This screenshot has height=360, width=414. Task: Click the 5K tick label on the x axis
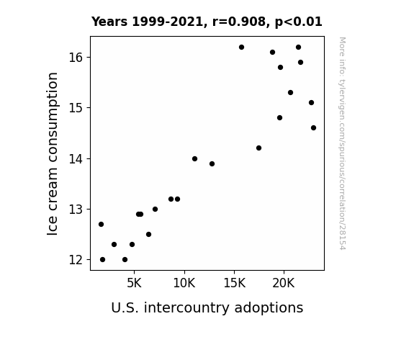(x=134, y=283)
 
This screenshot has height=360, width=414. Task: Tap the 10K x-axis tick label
(x=184, y=283)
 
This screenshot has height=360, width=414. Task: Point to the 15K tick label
(x=234, y=283)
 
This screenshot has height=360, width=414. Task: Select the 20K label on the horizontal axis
(x=284, y=283)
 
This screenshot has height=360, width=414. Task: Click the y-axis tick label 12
(x=76, y=260)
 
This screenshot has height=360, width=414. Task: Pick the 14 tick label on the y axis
(x=76, y=159)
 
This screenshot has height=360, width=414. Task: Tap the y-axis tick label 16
(x=76, y=58)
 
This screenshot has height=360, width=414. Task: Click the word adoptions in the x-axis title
(x=269, y=308)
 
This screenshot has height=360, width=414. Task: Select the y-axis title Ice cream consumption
(x=53, y=153)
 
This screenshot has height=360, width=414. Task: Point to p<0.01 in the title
(x=299, y=22)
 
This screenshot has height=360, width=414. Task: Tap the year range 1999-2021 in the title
(x=167, y=22)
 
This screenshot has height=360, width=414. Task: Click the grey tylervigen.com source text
(x=342, y=143)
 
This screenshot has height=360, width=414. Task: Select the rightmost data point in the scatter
(x=313, y=128)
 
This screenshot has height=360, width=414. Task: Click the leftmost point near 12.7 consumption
(x=101, y=224)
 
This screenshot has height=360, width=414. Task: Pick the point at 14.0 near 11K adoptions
(x=194, y=158)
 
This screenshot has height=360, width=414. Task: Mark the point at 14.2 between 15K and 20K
(x=258, y=148)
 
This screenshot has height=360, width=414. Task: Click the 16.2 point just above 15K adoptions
(x=241, y=48)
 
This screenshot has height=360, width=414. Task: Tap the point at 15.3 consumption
(x=290, y=92)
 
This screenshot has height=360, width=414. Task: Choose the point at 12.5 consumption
(x=148, y=234)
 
